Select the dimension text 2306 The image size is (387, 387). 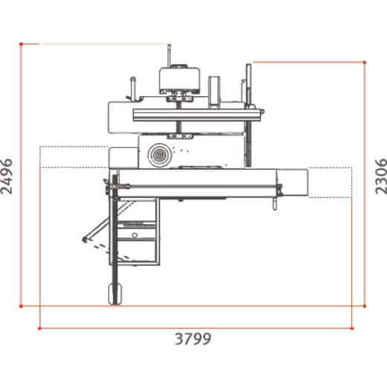(x=379, y=176)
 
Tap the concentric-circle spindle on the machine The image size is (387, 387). (x=158, y=155)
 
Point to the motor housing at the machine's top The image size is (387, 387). (x=179, y=77)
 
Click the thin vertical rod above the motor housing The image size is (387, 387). (x=170, y=55)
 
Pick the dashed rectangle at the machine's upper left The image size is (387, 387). (x=72, y=156)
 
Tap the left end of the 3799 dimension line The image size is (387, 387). (x=39, y=327)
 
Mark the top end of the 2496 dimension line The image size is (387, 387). (x=22, y=45)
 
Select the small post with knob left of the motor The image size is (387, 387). (x=133, y=87)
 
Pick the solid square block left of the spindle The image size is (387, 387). (x=123, y=157)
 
